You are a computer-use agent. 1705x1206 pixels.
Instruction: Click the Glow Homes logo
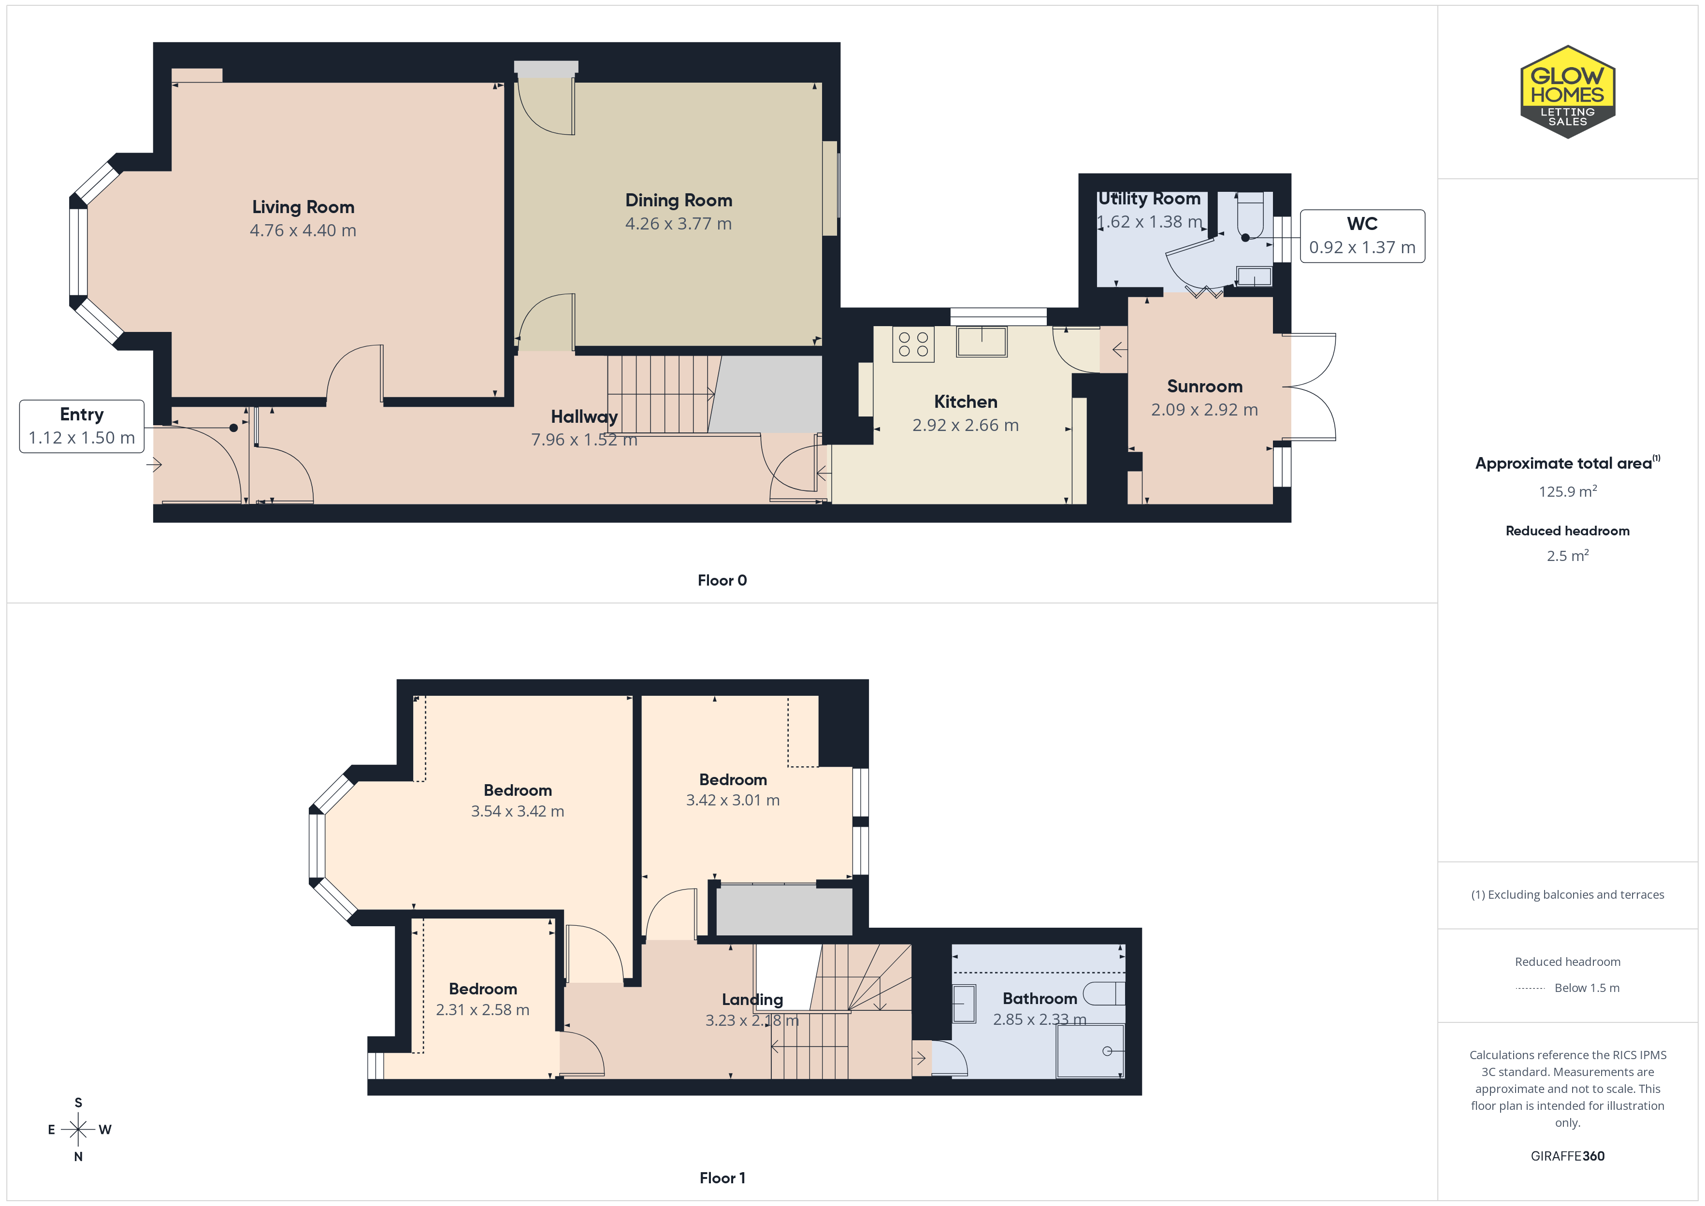tap(1568, 92)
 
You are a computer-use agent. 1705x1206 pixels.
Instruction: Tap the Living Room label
tap(303, 207)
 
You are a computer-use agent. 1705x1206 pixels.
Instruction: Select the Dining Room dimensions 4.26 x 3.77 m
tap(678, 224)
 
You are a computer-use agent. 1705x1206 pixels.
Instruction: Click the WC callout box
tap(1362, 236)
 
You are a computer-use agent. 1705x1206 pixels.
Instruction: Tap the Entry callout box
tap(82, 426)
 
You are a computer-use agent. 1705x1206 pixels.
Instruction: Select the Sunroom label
tap(1204, 386)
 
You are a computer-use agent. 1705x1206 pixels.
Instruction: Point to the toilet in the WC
tap(1251, 216)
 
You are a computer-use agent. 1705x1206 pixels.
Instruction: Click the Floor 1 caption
tap(722, 1178)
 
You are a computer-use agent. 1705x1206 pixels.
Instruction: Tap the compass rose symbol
tap(78, 1130)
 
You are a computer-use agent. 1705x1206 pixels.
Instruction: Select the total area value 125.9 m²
tap(1568, 491)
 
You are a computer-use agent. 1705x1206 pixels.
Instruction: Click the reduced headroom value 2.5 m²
tap(1568, 556)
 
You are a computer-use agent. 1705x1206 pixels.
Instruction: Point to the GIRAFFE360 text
tap(1568, 1156)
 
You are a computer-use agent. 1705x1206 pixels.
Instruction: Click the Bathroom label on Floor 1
tap(1040, 999)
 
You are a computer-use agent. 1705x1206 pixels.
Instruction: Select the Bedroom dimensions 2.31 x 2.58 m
tap(483, 1010)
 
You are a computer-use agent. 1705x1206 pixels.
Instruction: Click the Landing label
tap(752, 1000)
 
